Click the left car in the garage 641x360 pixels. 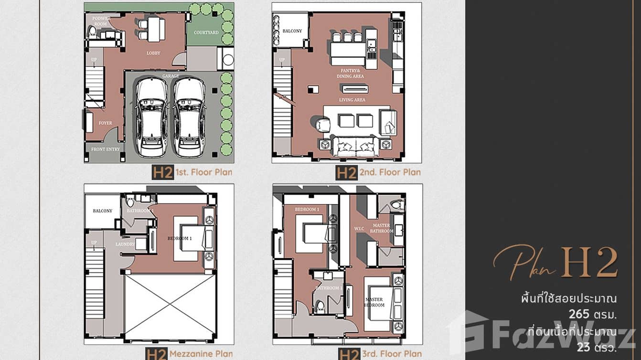tap(151, 117)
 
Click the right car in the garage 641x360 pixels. tap(189, 117)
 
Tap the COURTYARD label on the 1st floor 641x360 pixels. tap(206, 32)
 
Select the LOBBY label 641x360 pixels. tap(153, 53)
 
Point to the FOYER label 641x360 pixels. tap(105, 123)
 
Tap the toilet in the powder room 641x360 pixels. tap(93, 32)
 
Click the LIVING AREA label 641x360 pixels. tap(353, 100)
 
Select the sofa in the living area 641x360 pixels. tap(354, 146)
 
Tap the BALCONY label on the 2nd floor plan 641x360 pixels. tap(292, 31)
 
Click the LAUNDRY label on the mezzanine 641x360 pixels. tap(125, 244)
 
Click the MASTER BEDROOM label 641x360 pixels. tap(374, 302)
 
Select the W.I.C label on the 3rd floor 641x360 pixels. tap(360, 229)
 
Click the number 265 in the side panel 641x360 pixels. tap(579, 315)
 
